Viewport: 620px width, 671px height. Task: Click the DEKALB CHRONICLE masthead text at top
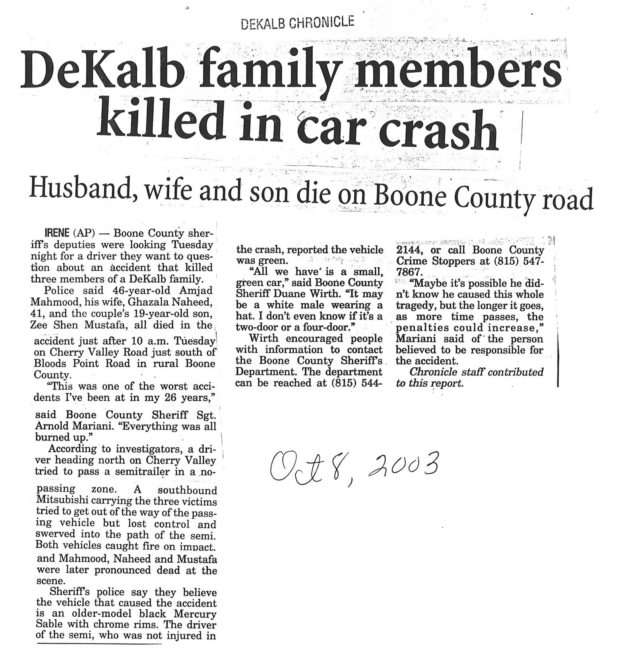coord(297,23)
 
